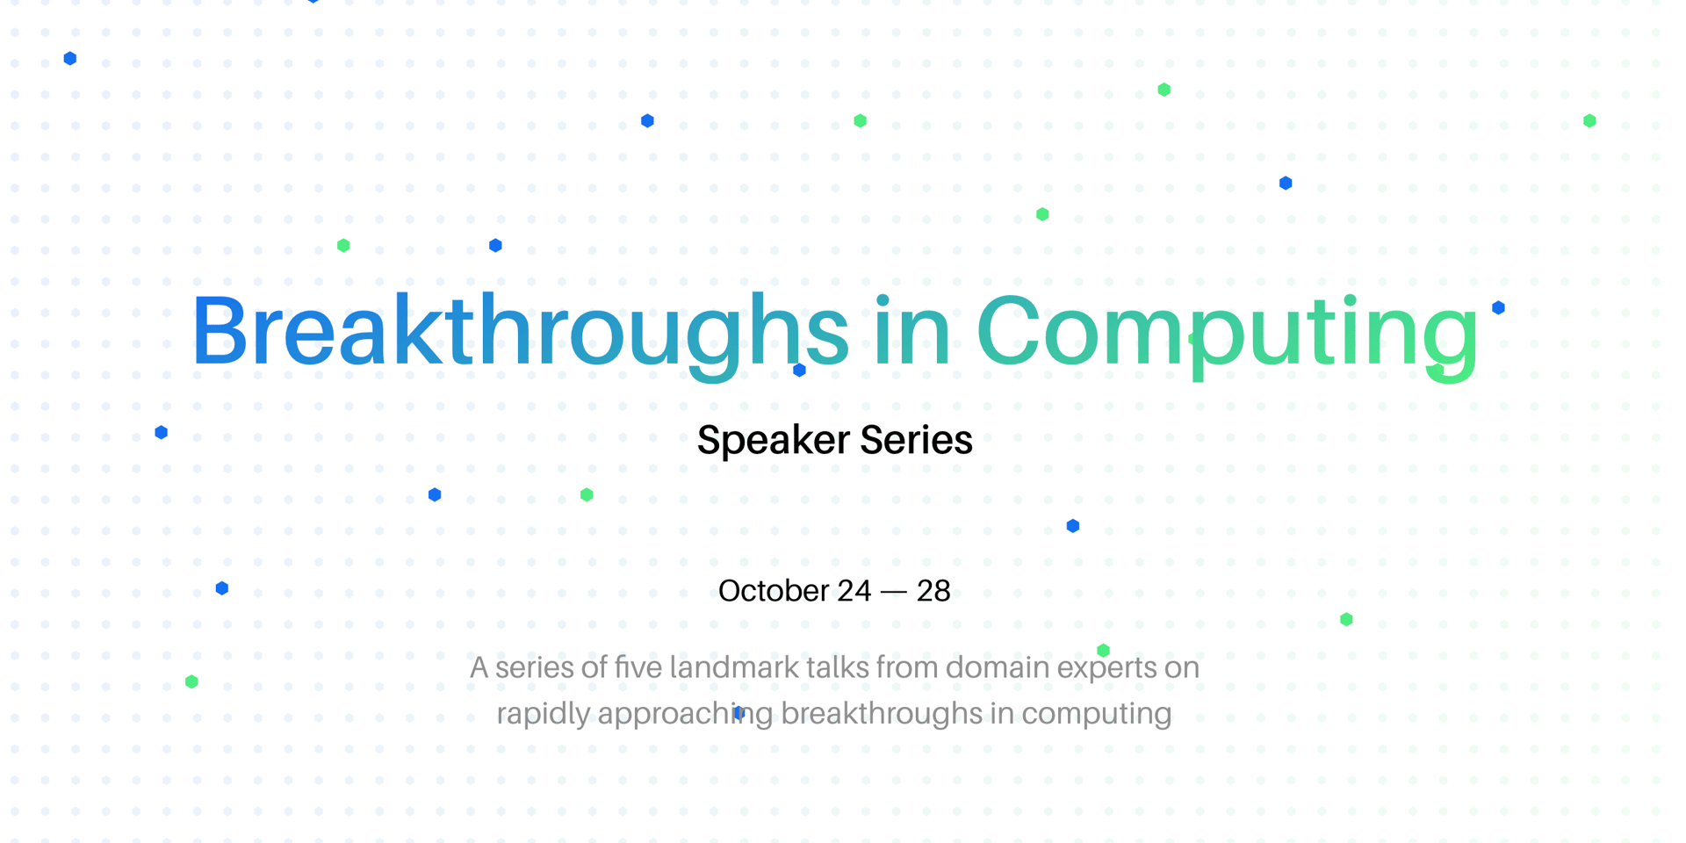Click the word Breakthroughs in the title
pos(520,334)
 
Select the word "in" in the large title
pos(912,329)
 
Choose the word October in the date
pos(774,591)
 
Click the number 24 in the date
pos(854,591)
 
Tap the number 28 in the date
pos(933,591)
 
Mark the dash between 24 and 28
pos(893,593)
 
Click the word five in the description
pos(638,667)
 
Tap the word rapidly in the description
pos(543,715)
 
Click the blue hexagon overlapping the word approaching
pos(739,713)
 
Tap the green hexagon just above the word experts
pos(1104,651)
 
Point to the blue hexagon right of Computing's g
pos(1499,307)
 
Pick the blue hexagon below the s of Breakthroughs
pos(799,371)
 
